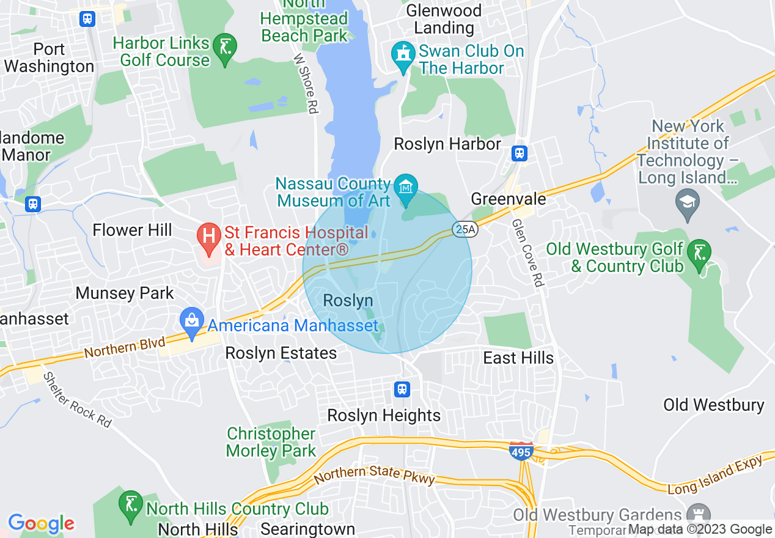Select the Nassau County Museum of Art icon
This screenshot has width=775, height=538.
pyautogui.click(x=405, y=185)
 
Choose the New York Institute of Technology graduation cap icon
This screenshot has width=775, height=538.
pyautogui.click(x=688, y=202)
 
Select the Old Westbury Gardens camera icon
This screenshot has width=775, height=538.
pyautogui.click(x=696, y=514)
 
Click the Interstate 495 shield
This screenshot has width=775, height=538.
pyautogui.click(x=520, y=451)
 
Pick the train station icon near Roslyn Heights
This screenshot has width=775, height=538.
pyautogui.click(x=402, y=389)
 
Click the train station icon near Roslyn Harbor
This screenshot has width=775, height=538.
pyautogui.click(x=520, y=152)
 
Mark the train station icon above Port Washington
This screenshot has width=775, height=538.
pyautogui.click(x=87, y=18)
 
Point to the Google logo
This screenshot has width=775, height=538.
pyautogui.click(x=41, y=523)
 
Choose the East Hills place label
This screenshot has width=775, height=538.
pyautogui.click(x=518, y=358)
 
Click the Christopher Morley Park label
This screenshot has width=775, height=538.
pyautogui.click(x=271, y=442)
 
